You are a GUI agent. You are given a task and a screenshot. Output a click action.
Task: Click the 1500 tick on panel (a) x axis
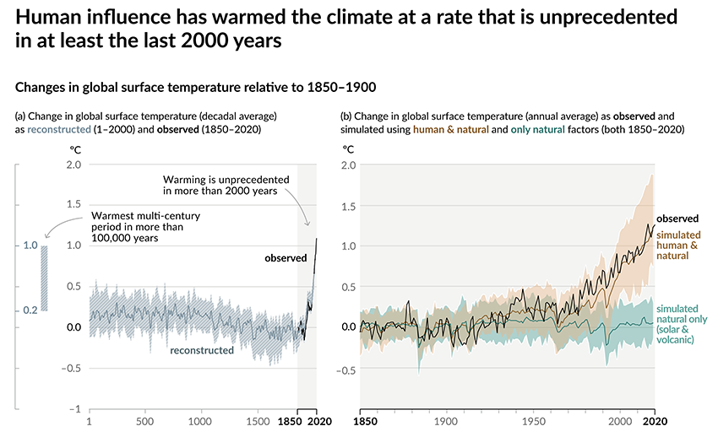(255, 420)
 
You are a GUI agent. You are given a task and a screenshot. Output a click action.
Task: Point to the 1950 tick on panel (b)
(533, 420)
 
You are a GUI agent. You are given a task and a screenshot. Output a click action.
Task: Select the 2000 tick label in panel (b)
(620, 420)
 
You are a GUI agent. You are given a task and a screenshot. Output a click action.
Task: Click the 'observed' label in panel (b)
(677, 218)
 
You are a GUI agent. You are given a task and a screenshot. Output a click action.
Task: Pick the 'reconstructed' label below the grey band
(201, 349)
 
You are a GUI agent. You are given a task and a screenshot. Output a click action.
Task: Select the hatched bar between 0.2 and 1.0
(45, 278)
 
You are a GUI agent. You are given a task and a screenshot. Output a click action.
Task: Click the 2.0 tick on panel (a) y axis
(73, 164)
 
